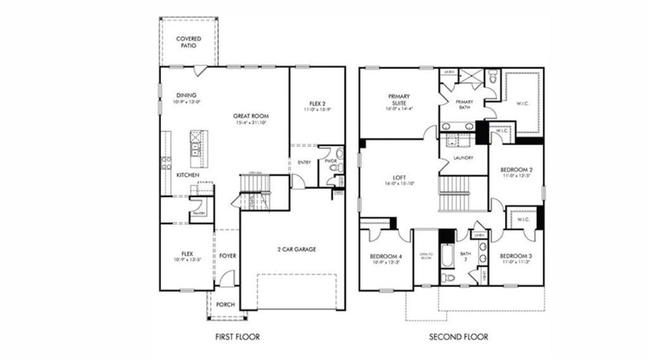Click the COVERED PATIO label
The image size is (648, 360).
click(188, 42)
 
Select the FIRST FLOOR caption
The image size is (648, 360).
click(237, 337)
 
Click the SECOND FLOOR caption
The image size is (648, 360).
click(459, 337)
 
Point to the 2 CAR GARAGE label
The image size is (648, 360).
click(297, 249)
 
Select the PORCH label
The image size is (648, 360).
click(225, 304)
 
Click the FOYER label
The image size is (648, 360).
click(228, 256)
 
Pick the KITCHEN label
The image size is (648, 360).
click(188, 175)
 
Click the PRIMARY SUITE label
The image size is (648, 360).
click(399, 99)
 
